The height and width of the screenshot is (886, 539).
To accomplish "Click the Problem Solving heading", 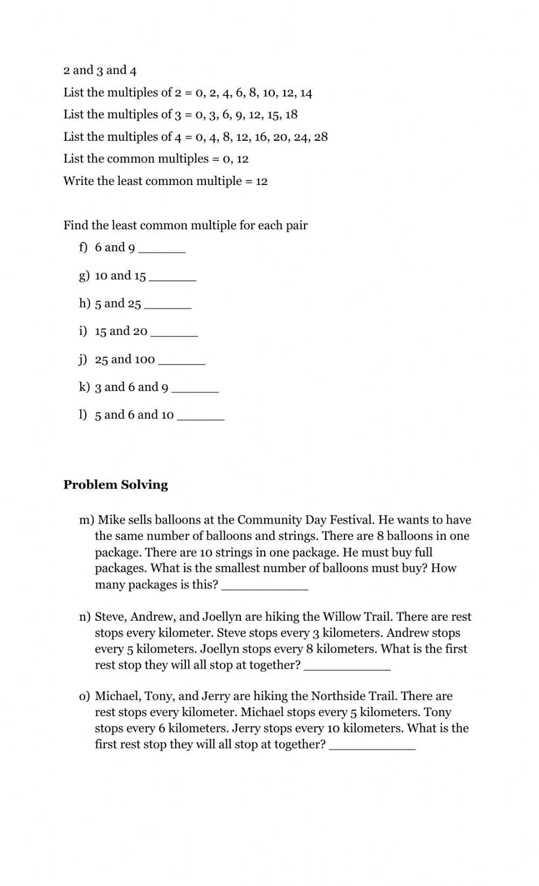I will click(x=115, y=484).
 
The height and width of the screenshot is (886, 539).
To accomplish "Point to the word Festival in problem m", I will click(x=351, y=520).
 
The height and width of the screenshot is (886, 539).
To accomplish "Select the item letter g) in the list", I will click(x=84, y=276).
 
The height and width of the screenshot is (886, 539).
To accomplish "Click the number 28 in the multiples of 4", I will click(x=321, y=136).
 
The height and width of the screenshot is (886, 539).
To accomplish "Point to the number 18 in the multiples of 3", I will click(x=291, y=114).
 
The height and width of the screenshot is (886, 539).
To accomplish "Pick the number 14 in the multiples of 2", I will click(x=306, y=93).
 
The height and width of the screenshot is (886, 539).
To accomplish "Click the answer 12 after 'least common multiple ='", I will click(x=261, y=181).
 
